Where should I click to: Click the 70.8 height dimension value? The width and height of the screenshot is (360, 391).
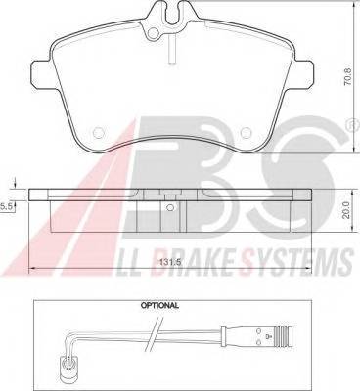pyautogui.click(x=348, y=76)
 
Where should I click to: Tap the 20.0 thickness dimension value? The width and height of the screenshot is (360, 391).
pyautogui.click(x=346, y=210)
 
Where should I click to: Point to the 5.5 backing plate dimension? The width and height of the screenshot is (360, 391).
pyautogui.click(x=6, y=206)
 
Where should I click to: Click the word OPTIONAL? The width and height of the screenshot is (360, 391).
pyautogui.click(x=159, y=306)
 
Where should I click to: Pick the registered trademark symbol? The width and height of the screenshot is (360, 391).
pyautogui.click(x=352, y=125)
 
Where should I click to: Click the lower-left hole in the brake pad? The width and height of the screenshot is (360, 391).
pyautogui.click(x=98, y=132)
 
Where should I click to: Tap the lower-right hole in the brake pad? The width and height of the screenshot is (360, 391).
pyautogui.click(x=246, y=132)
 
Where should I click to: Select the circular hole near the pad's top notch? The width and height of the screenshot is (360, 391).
pyautogui.click(x=153, y=33)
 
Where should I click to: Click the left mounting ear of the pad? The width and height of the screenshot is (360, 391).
pyautogui.click(x=41, y=73)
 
